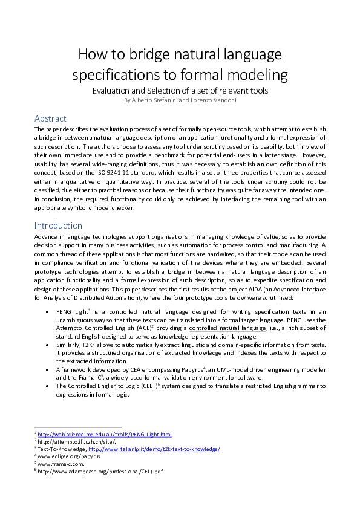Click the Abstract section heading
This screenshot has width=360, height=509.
coord(50,118)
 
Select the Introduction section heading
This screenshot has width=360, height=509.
coord(58,225)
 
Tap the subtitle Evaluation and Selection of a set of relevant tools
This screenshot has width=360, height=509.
coord(180,91)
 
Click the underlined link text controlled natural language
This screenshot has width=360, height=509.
coord(223,327)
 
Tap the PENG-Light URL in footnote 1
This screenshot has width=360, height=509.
coord(105,434)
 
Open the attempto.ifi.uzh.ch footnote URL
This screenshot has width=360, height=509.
coord(66,441)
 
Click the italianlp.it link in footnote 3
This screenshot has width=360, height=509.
coord(154,449)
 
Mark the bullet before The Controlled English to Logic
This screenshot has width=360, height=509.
coord(48,385)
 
